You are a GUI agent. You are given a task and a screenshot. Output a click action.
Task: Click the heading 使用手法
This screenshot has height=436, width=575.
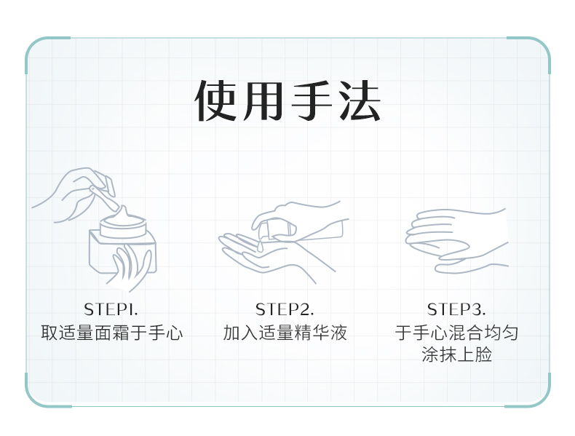click(287, 100)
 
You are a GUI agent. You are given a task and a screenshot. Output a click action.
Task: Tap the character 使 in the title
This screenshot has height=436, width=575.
click(215, 100)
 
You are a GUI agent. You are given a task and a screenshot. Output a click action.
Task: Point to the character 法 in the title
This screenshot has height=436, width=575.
click(360, 100)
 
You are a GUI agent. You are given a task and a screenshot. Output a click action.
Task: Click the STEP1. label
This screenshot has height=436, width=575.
click(111, 309)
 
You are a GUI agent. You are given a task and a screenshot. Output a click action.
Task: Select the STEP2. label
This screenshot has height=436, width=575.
click(285, 309)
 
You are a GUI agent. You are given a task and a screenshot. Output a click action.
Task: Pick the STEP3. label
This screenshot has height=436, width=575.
click(456, 309)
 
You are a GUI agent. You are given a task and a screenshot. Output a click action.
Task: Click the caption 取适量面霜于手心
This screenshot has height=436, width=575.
click(112, 333)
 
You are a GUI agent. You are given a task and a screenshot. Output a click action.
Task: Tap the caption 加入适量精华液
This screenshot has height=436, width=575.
click(285, 333)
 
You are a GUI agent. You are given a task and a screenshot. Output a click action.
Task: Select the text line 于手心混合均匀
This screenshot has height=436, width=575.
click(456, 333)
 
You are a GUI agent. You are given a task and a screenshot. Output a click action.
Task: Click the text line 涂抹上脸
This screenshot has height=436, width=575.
click(456, 354)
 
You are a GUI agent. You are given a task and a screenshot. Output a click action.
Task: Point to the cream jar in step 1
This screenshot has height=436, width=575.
click(123, 244)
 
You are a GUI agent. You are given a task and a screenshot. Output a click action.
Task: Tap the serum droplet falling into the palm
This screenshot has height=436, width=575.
click(260, 246)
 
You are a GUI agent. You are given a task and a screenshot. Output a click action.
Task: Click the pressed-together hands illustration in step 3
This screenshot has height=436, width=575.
click(456, 240)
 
